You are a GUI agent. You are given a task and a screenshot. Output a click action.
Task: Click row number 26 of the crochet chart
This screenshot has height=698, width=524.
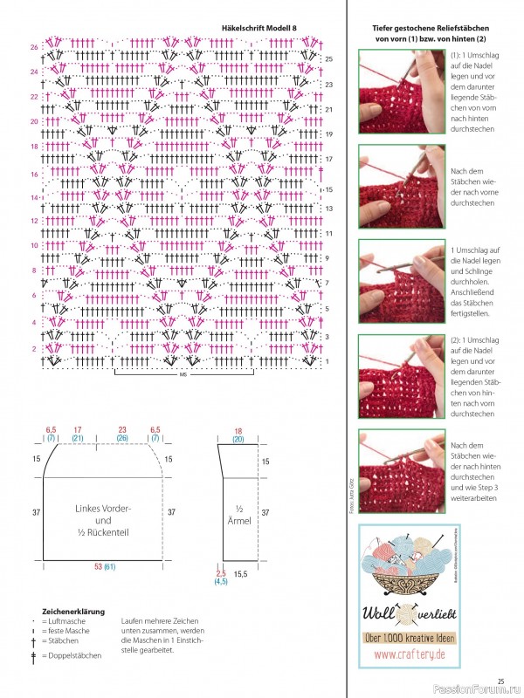[33, 46]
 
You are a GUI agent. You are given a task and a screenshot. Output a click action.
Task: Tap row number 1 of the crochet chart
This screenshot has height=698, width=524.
[327, 360]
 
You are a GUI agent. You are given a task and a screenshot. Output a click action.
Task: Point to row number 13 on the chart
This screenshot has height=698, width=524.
[328, 209]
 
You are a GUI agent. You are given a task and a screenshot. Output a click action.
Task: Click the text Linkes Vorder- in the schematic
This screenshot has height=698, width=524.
[104, 509]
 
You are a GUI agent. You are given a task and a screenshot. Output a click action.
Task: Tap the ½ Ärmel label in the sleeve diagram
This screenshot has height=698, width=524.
[239, 515]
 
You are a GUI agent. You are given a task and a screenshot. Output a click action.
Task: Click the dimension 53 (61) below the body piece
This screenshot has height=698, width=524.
[104, 567]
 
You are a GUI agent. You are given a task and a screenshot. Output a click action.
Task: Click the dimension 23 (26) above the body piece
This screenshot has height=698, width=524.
[122, 434]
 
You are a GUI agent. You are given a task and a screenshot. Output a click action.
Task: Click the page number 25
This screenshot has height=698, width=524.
[501, 681]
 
